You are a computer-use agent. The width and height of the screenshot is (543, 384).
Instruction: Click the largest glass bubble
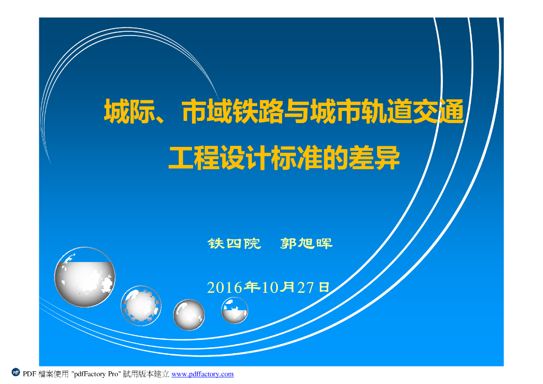point(85,277)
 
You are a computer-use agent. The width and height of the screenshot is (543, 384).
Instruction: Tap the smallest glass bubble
point(234,310)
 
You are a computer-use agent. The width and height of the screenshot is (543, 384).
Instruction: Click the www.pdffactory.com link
point(203,374)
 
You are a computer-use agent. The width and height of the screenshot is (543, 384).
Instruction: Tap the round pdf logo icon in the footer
point(16,373)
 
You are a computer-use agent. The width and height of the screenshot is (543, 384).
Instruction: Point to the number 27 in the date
point(305,288)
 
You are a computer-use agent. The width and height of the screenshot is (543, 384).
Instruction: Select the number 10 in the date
point(270,288)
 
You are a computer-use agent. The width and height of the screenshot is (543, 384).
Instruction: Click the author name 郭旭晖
point(306,244)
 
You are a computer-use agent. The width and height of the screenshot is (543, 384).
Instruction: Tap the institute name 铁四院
point(234,244)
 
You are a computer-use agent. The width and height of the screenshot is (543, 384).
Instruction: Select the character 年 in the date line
point(251,287)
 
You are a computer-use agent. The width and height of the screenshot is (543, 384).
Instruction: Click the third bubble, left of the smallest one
point(189,314)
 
